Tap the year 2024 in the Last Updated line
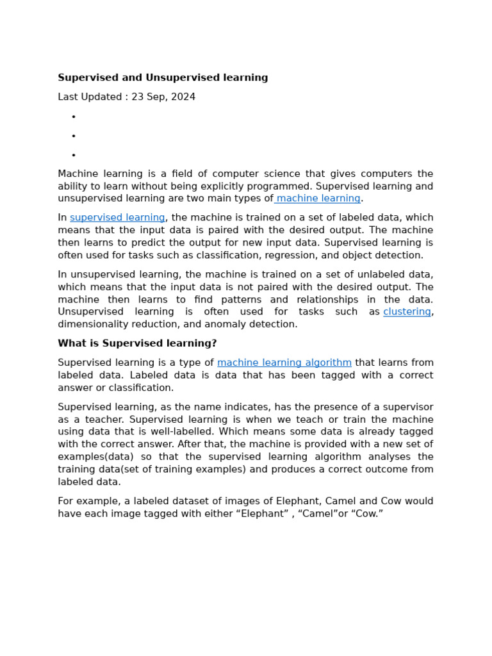183,97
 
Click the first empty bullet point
74,117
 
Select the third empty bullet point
74,155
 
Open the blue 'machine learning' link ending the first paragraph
318,199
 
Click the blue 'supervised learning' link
117,218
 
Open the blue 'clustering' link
407,312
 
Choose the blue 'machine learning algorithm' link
284,363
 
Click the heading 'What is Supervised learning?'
137,343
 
